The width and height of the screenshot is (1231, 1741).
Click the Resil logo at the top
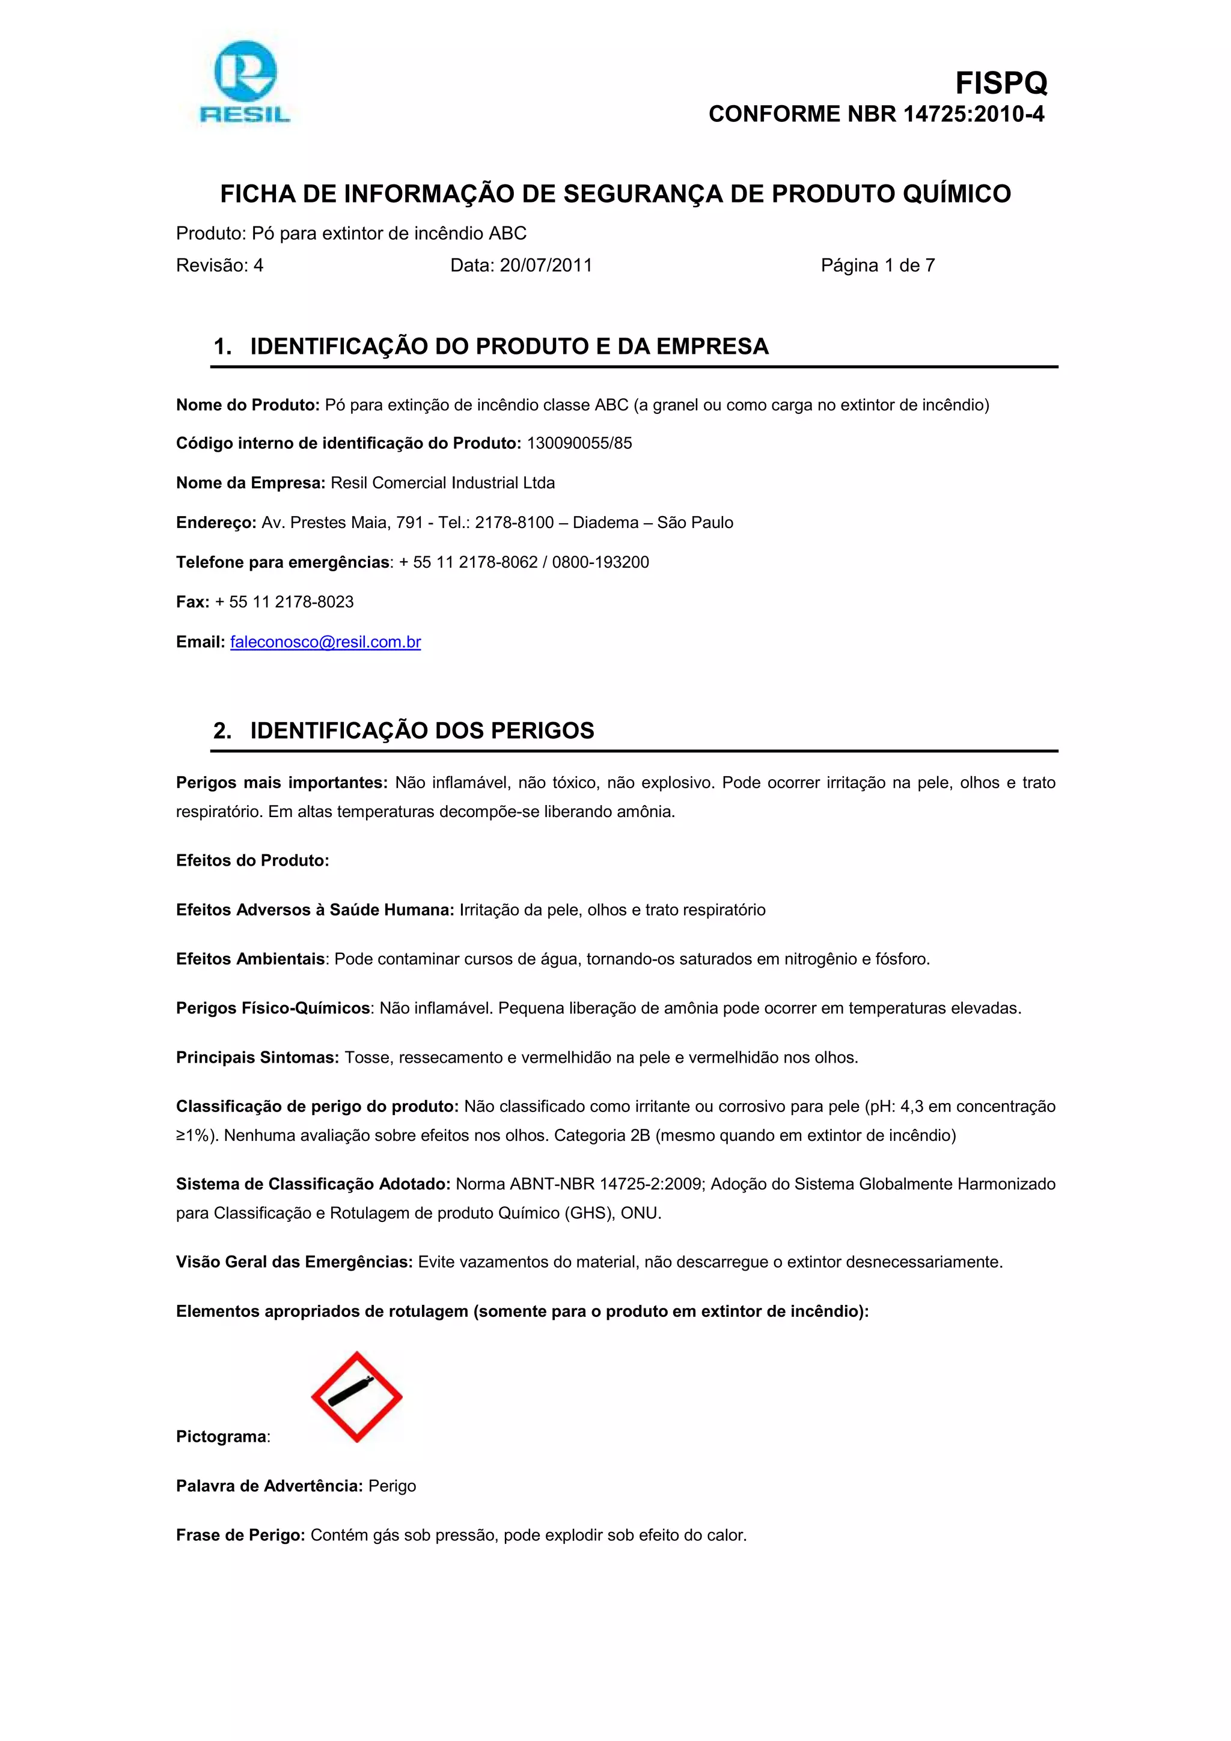click(x=244, y=82)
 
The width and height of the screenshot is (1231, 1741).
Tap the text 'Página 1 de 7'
click(x=878, y=266)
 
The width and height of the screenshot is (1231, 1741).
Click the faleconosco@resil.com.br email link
click(x=325, y=642)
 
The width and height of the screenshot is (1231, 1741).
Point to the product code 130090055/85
click(x=579, y=443)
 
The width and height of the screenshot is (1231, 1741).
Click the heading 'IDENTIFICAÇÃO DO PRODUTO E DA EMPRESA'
click(x=509, y=347)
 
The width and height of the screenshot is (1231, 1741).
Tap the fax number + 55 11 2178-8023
click(x=284, y=602)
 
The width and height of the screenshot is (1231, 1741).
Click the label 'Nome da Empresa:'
click(x=250, y=483)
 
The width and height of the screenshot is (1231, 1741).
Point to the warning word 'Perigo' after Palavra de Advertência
click(x=392, y=1486)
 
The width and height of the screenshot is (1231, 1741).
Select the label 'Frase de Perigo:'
click(x=240, y=1535)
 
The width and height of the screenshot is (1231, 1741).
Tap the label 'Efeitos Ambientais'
click(x=250, y=959)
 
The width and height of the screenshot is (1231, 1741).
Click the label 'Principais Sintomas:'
click(x=257, y=1058)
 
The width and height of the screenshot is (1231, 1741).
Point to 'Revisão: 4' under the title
click(x=220, y=266)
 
